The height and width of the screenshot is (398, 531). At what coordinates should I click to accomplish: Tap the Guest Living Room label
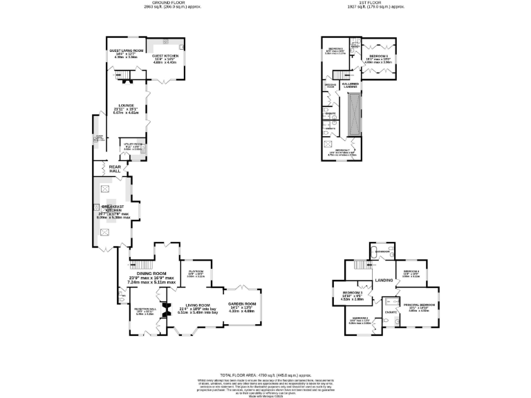(126, 50)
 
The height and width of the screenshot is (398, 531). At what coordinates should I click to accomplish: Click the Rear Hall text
(105, 168)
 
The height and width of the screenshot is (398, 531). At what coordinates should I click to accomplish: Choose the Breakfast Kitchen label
(113, 207)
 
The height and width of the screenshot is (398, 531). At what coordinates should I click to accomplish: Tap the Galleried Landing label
(350, 84)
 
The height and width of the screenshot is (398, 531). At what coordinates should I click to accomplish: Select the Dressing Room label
(330, 85)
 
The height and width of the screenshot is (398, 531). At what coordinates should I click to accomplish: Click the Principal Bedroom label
(420, 305)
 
